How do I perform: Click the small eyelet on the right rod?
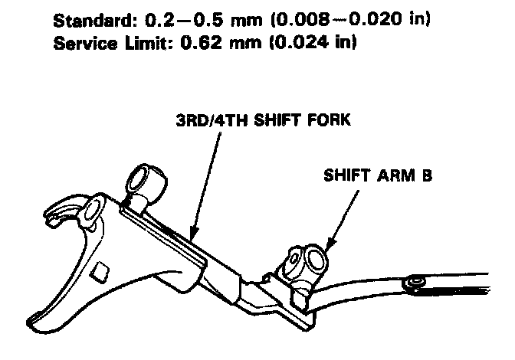[415, 283]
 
